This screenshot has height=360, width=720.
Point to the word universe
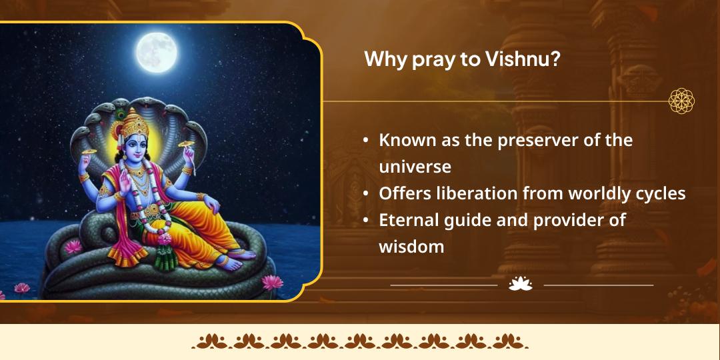click(415, 166)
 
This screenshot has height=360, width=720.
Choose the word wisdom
click(411, 246)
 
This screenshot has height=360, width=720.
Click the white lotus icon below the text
click(520, 285)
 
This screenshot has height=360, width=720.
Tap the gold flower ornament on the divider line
click(681, 101)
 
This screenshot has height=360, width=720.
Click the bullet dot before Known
click(366, 141)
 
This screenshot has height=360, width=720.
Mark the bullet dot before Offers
click(366, 194)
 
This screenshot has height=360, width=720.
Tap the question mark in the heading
click(555, 59)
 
